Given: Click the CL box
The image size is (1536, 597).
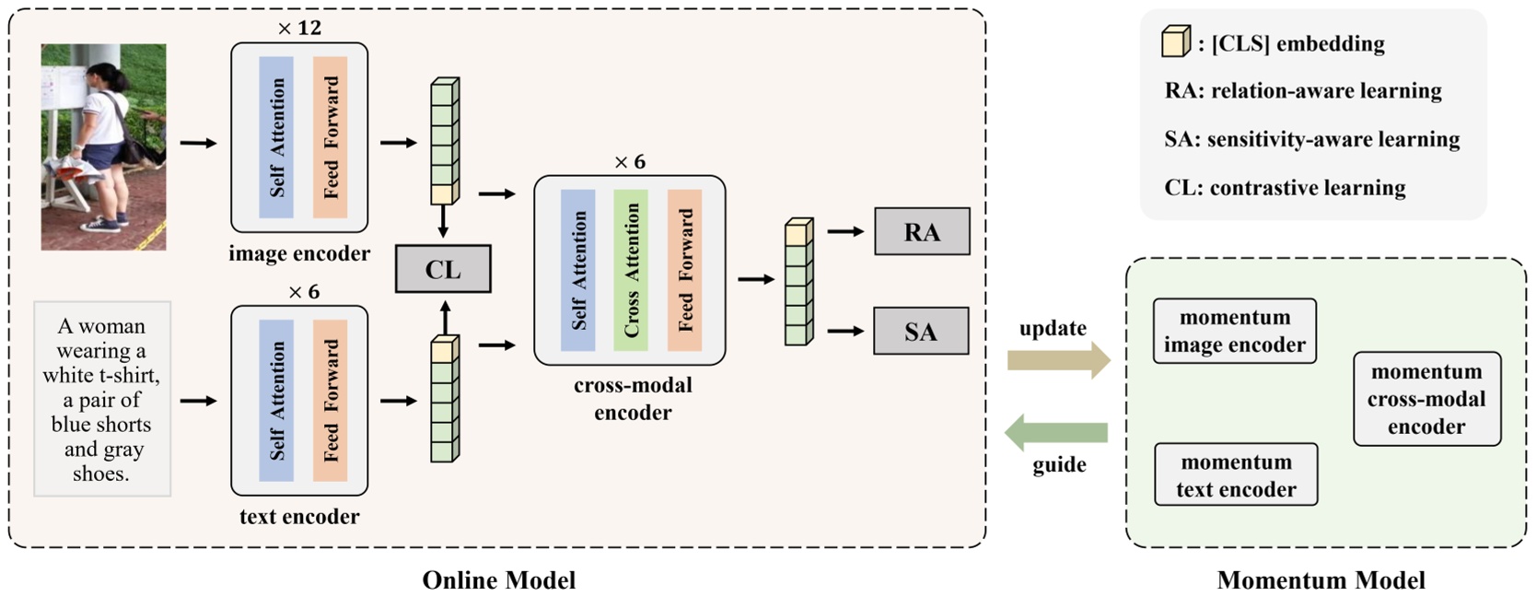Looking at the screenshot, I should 442,269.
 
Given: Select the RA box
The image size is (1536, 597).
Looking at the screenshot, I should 921,231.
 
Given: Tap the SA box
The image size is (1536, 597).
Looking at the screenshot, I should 921,331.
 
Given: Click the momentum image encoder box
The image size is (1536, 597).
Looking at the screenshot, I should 1234,331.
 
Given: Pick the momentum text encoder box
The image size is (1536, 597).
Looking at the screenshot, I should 1236,474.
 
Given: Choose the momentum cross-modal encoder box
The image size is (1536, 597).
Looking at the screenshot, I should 1426,399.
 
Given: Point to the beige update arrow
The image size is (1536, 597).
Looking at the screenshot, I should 1058,359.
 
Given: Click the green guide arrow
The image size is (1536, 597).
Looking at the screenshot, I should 1056,432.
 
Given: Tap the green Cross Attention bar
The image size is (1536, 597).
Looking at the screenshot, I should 631,270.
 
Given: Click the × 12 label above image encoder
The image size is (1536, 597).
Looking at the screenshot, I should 299,29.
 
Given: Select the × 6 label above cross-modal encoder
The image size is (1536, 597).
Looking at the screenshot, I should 630,162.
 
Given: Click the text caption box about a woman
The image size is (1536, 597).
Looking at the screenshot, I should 102,399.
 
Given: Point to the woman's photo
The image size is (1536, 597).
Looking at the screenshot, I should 103,146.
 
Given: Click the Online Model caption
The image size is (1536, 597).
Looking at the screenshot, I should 498,579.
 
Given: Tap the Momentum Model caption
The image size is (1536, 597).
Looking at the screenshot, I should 1321,579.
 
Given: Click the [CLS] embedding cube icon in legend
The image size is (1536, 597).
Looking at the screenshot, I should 1176,41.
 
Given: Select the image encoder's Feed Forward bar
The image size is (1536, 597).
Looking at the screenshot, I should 330,137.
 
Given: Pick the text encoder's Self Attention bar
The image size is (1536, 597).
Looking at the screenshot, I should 276,401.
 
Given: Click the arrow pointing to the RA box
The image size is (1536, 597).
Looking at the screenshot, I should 844,231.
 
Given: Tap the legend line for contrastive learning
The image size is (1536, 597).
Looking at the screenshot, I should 1285,188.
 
